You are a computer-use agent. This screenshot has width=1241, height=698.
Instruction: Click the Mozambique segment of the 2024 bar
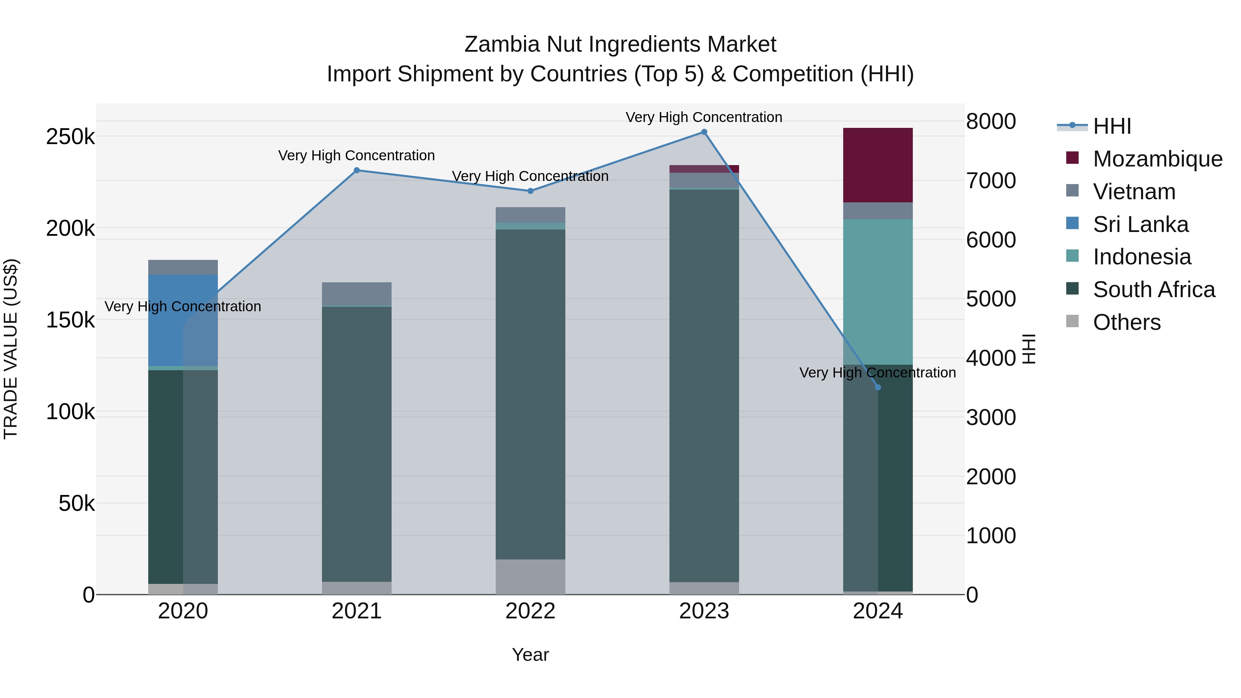[878, 165]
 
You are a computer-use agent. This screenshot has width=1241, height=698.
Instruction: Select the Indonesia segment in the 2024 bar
[878, 291]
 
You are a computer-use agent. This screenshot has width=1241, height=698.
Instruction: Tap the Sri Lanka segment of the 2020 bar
[183, 320]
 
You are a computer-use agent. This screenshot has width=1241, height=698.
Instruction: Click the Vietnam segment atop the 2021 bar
[356, 293]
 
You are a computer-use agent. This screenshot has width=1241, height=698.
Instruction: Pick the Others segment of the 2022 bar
[531, 577]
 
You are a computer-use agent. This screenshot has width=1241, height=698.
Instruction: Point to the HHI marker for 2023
[704, 132]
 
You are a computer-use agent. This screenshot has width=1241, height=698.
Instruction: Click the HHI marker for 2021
[356, 170]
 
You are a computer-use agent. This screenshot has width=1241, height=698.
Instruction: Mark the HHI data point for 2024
[878, 387]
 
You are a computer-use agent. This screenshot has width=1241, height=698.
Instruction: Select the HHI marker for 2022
[531, 191]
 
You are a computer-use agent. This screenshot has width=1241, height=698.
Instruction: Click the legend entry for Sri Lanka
[1140, 224]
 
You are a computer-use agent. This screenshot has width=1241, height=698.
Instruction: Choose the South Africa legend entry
[1153, 290]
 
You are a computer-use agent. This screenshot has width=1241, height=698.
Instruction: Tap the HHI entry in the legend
[1111, 126]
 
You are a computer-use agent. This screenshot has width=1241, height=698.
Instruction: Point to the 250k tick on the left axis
[70, 137]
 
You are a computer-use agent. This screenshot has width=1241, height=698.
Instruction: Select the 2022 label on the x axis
[531, 611]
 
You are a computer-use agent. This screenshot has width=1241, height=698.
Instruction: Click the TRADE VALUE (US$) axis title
[11, 349]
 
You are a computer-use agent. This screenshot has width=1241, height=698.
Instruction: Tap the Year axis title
[531, 655]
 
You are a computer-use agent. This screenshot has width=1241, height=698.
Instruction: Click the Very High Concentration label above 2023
[704, 117]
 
